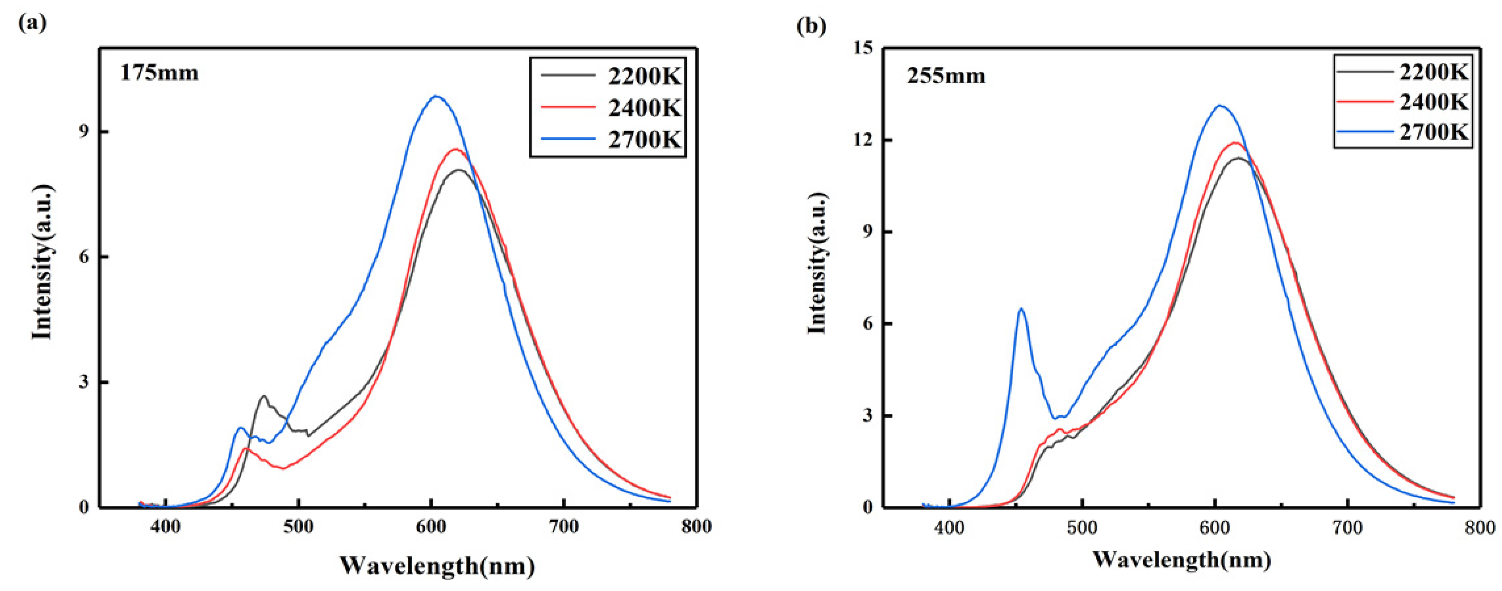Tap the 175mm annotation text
point(159,73)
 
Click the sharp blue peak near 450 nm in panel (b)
point(1020,309)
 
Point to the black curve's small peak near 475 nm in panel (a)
point(264,397)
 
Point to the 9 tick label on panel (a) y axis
point(86,132)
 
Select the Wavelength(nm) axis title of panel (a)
point(437,565)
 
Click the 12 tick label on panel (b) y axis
point(865,140)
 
